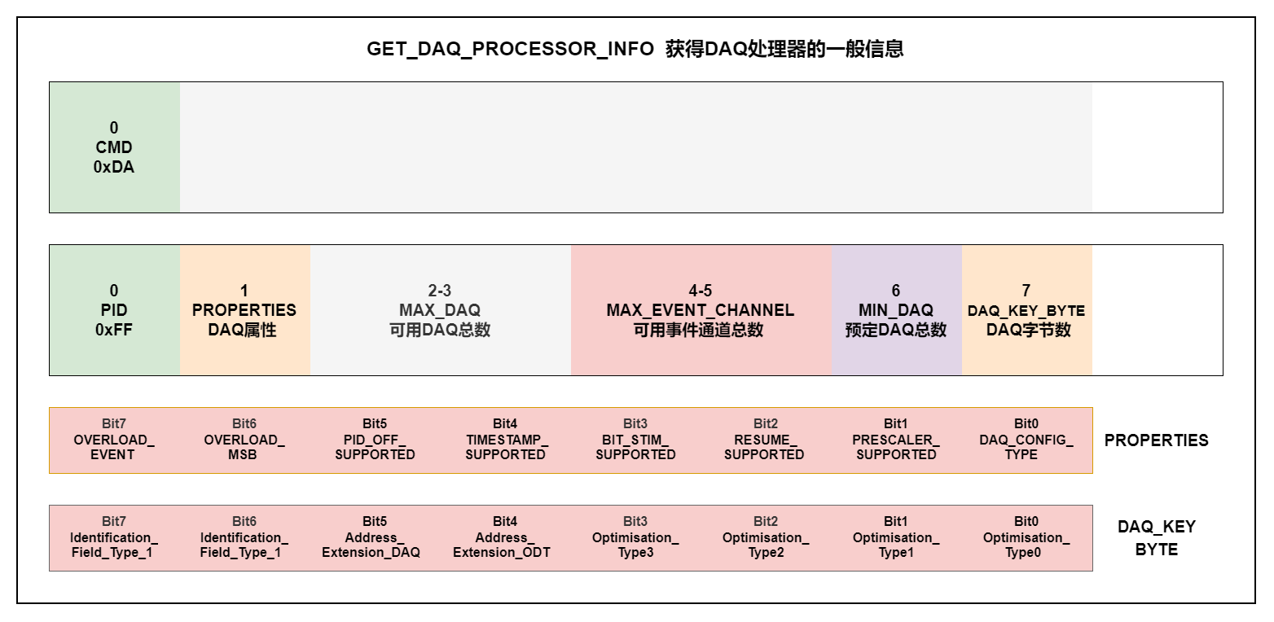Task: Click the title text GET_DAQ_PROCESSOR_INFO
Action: click(510, 49)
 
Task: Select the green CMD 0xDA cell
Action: click(114, 147)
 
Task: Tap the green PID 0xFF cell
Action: click(114, 310)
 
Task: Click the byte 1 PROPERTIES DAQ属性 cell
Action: click(244, 310)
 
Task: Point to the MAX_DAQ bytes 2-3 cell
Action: click(440, 310)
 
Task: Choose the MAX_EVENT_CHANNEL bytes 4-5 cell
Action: click(701, 310)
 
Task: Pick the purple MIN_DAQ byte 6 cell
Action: click(896, 310)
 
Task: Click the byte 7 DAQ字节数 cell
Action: click(1026, 310)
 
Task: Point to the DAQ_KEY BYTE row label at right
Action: click(1157, 538)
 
